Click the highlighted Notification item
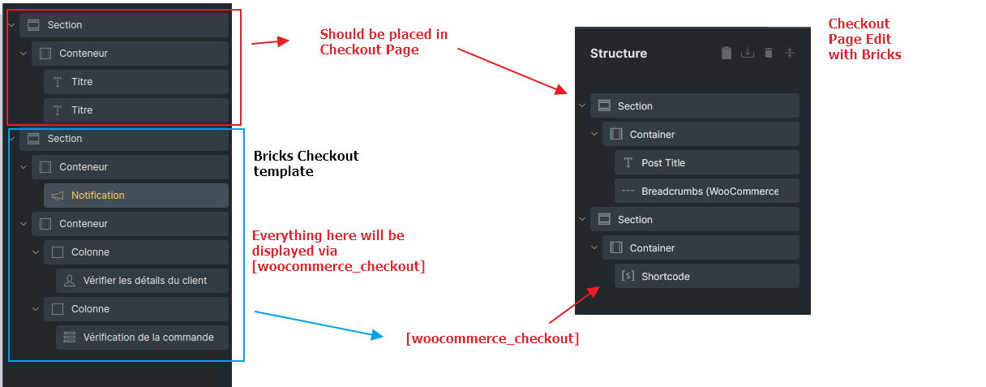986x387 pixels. coord(136,196)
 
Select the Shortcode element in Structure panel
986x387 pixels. coord(707,276)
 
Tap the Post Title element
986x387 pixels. coord(707,162)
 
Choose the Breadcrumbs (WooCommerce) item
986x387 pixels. coord(707,191)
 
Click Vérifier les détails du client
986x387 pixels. coord(142,281)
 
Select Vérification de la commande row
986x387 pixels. coord(142,338)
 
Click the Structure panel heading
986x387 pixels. coord(619,54)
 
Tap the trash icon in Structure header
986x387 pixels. coord(769,54)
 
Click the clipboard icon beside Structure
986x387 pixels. coord(727,53)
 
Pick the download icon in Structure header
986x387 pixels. coord(748,54)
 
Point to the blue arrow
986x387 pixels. coord(319,325)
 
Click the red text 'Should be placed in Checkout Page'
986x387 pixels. coord(384,42)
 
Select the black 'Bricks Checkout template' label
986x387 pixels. coord(306,163)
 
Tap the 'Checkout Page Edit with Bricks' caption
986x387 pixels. coord(864,39)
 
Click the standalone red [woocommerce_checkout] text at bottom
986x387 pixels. coord(492,338)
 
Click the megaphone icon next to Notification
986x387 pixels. coord(58,196)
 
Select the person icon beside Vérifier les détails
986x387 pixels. coord(70,281)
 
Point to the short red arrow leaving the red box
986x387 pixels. coord(270,42)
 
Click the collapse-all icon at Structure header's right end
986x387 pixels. coord(790,54)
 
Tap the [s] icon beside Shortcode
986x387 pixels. coord(628,276)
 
